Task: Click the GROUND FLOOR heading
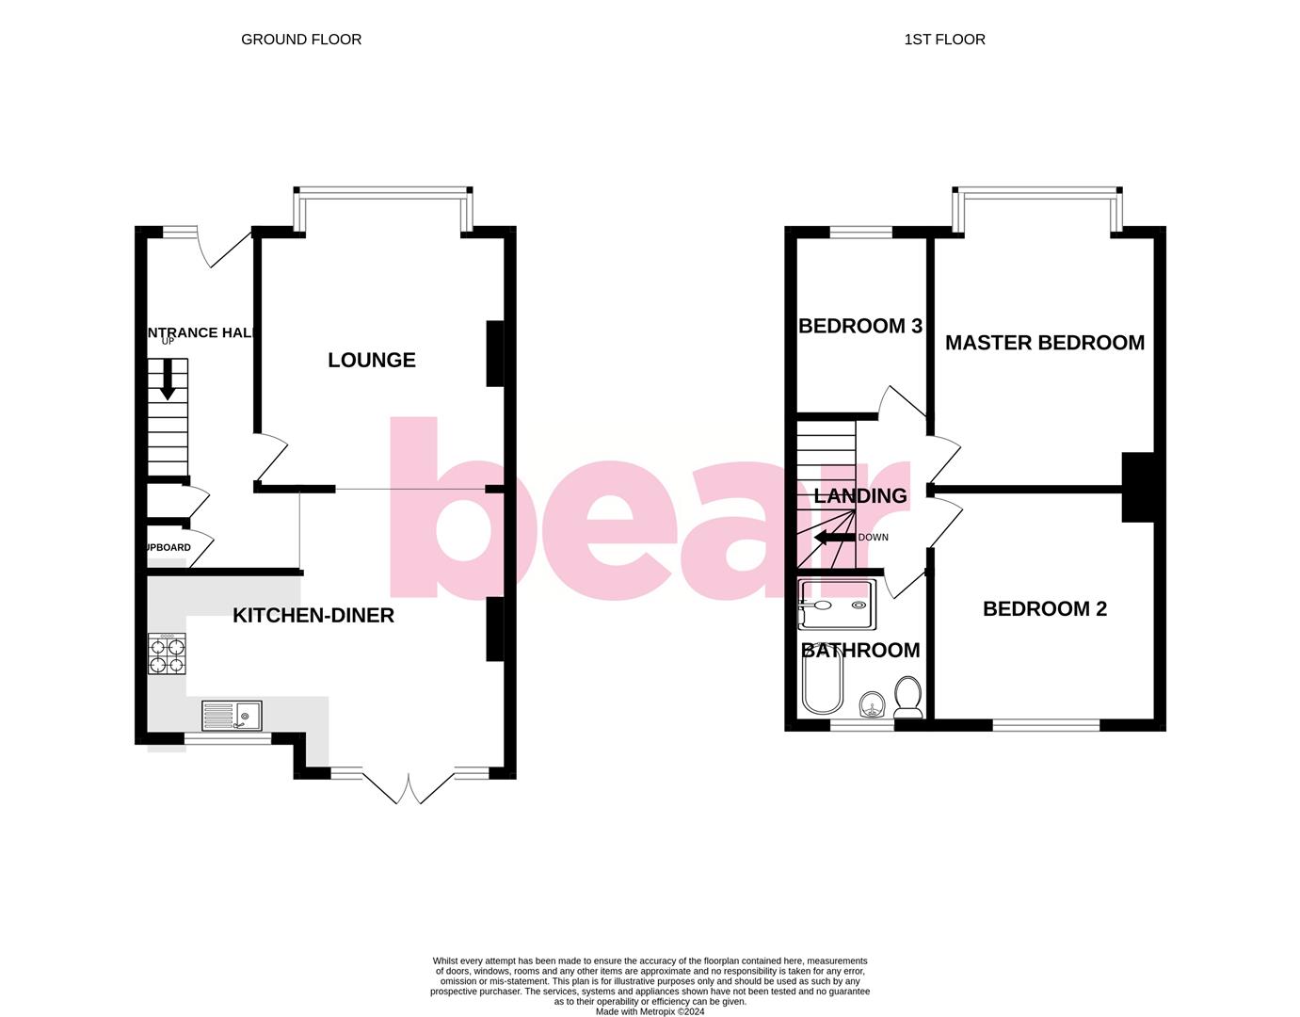click(301, 40)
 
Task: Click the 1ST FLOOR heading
click(944, 40)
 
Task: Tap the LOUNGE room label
click(372, 360)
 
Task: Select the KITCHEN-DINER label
click(313, 616)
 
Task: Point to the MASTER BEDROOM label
click(1045, 343)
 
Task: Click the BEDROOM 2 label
click(1045, 609)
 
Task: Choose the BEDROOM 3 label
click(860, 327)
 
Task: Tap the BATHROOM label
click(860, 651)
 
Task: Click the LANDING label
click(860, 496)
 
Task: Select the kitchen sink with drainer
click(232, 717)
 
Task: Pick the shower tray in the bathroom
click(837, 605)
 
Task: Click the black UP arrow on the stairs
click(169, 379)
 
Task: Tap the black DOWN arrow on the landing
click(834, 538)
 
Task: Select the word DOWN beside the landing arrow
click(874, 538)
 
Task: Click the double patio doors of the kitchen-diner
click(408, 788)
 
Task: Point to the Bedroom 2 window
click(1046, 725)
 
